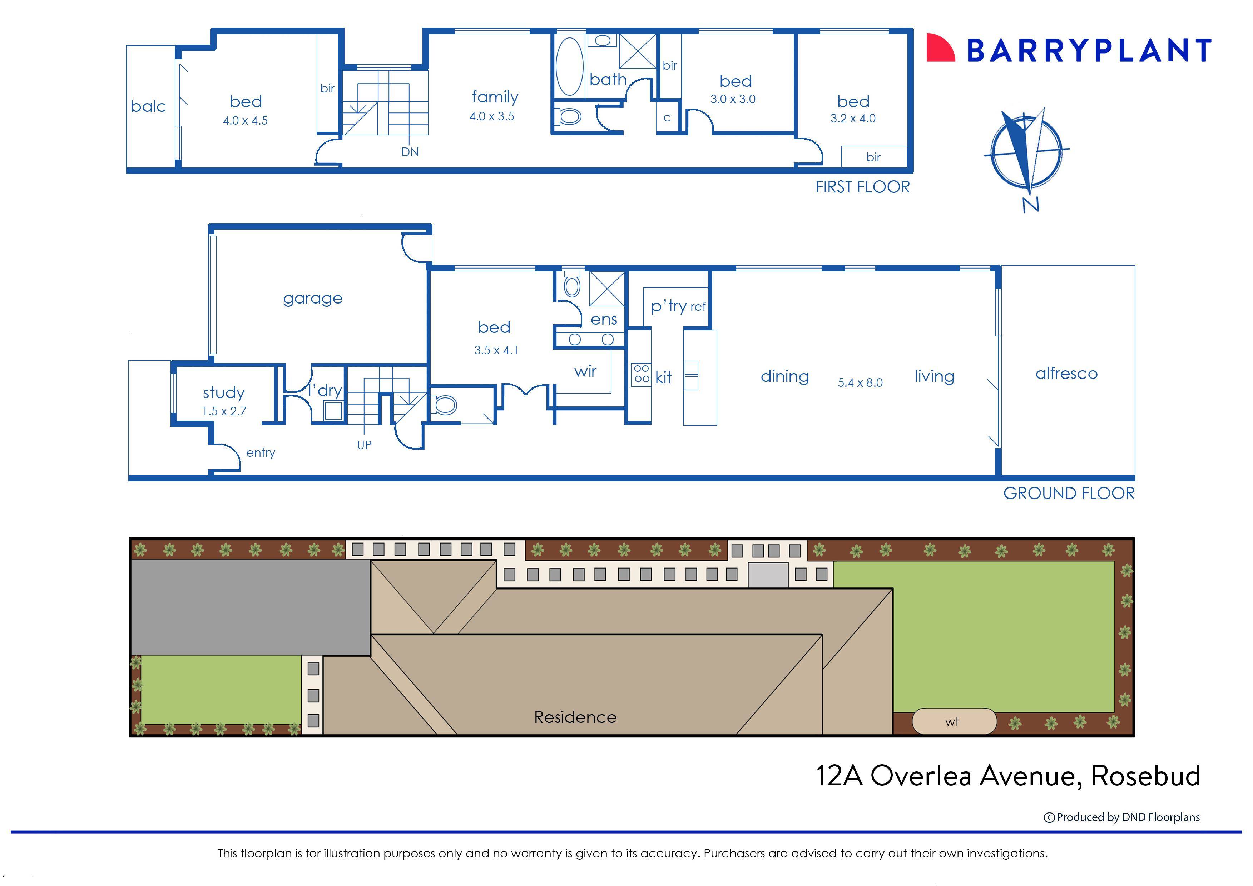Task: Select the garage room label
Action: pyautogui.click(x=313, y=299)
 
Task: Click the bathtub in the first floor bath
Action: pyautogui.click(x=569, y=66)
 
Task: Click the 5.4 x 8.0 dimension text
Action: pyautogui.click(x=860, y=383)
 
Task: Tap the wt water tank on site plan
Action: pyautogui.click(x=953, y=721)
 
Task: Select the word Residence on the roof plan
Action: pyautogui.click(x=575, y=717)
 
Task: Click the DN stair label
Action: pyautogui.click(x=410, y=152)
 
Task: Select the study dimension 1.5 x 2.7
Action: pyautogui.click(x=224, y=411)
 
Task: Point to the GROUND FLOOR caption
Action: pyautogui.click(x=1069, y=493)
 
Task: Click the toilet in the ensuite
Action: pyautogui.click(x=571, y=285)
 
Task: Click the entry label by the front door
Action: pyautogui.click(x=261, y=453)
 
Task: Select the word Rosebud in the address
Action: pyautogui.click(x=1145, y=775)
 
